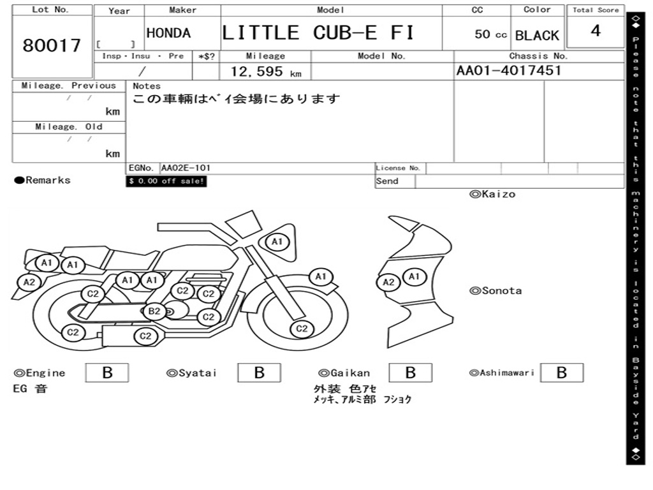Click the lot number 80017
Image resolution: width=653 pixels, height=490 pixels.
point(52,46)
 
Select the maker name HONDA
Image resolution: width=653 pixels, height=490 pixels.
point(168,33)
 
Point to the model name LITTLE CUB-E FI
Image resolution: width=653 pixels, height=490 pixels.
point(318,33)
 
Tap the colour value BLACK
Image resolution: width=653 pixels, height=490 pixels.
point(537,36)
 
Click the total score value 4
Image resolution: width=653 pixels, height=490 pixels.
point(596,31)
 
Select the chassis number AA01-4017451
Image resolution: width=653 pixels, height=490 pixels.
point(509,71)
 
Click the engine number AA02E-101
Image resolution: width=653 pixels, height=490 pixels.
point(186,168)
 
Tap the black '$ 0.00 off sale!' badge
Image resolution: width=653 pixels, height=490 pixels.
point(166,181)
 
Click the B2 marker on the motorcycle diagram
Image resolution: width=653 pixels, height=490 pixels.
point(154,311)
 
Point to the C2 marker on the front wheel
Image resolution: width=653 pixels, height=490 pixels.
point(301,329)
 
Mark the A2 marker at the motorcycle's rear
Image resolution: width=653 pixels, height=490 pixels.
point(29,282)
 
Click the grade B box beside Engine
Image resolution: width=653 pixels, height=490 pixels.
point(107,373)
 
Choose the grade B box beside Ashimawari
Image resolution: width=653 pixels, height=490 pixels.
point(561,373)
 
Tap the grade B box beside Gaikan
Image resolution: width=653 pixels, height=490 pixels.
point(410,373)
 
